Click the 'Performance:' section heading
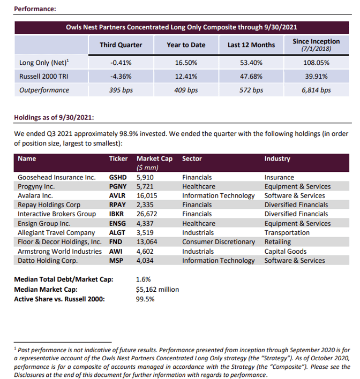click(35, 9)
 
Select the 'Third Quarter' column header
click(121, 45)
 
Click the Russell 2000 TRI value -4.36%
click(121, 77)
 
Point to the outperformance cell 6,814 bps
click(316, 90)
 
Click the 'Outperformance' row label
click(44, 90)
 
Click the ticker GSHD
click(118, 177)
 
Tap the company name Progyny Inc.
click(41, 186)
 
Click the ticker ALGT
click(118, 233)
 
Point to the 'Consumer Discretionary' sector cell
click(218, 242)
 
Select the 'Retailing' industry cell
click(278, 242)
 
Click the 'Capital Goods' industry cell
click(286, 251)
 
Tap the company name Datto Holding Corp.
click(48, 261)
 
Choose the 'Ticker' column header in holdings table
click(118, 158)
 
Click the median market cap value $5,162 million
click(158, 290)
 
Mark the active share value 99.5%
click(146, 299)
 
